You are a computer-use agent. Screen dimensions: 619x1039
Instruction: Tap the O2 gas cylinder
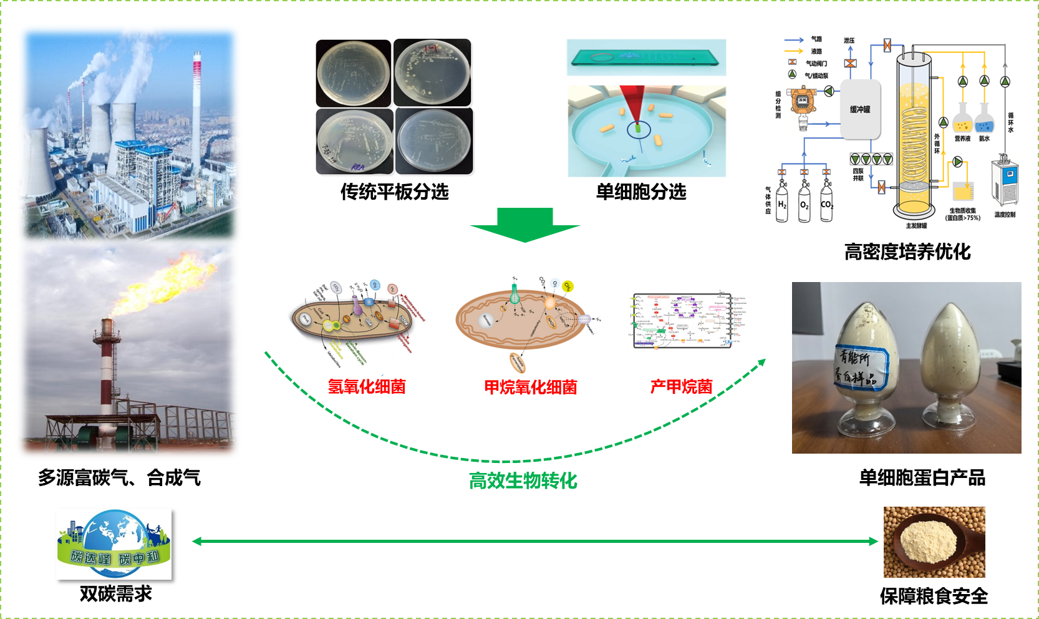pyautogui.click(x=805, y=202)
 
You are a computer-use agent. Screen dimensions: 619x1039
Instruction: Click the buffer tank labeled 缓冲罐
pyautogui.click(x=860, y=110)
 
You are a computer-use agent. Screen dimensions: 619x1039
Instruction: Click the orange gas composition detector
pyautogui.click(x=802, y=102)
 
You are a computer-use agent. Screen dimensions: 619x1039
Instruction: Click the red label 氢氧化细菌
pyautogui.click(x=367, y=387)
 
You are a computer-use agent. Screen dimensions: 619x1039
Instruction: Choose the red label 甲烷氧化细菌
pyautogui.click(x=531, y=387)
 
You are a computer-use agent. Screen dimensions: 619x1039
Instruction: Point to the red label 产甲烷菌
pyautogui.click(x=681, y=387)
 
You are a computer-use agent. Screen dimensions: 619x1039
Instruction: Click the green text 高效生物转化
pyautogui.click(x=523, y=481)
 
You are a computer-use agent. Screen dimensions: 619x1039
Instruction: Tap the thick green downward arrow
pyautogui.click(x=525, y=225)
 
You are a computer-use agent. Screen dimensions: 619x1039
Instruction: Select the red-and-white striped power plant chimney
pyautogui.click(x=196, y=112)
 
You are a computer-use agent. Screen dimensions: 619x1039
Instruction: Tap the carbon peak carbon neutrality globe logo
pyautogui.click(x=114, y=543)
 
